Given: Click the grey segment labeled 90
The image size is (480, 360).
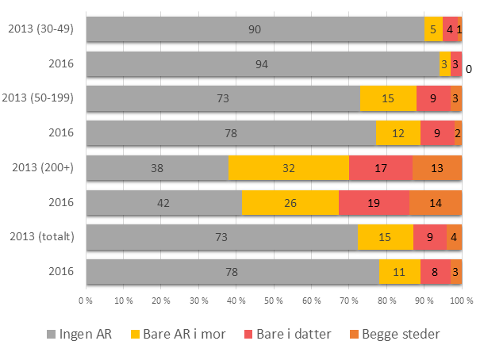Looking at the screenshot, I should coord(255,29).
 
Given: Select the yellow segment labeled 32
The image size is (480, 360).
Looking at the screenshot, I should coord(289,168).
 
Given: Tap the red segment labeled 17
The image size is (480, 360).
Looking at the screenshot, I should coord(380,168).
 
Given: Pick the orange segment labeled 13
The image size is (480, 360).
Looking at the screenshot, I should coord(437,168).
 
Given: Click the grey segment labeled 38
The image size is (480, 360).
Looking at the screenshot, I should coord(157,168).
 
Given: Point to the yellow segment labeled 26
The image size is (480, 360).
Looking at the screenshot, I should coord(290,202).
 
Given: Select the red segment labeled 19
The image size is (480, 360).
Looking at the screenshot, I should coord(374,202).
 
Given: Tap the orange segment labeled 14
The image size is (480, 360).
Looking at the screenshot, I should coord(436,202).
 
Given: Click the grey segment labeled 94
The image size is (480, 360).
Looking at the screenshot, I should coord(262,64).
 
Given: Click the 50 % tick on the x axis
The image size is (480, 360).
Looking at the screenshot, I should coord(274,301).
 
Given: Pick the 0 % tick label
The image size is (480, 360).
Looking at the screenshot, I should coord(86,301).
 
